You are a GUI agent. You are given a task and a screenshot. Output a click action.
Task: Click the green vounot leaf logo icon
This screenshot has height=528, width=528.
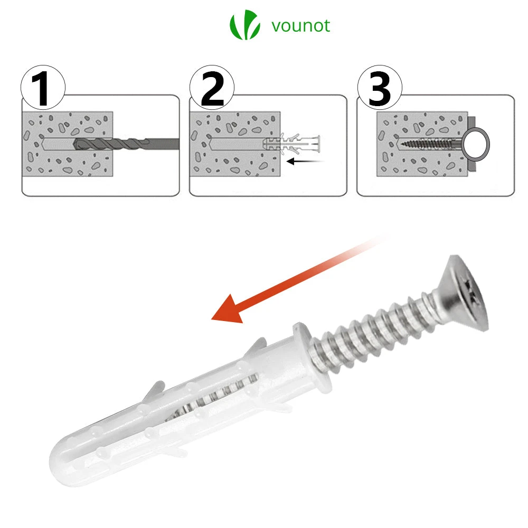pyautogui.click(x=244, y=25)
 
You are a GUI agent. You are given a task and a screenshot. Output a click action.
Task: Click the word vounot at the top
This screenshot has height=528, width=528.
pyautogui.click(x=301, y=25)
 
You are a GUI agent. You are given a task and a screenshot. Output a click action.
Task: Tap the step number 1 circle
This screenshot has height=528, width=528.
pyautogui.click(x=43, y=89)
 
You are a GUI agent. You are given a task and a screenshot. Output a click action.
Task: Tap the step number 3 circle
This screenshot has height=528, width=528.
pyautogui.click(x=380, y=89)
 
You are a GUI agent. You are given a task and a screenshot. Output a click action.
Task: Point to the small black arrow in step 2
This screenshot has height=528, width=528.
pyautogui.click(x=304, y=161)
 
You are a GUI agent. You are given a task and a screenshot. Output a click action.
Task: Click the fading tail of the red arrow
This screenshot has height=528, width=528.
pyautogui.click(x=364, y=248)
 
